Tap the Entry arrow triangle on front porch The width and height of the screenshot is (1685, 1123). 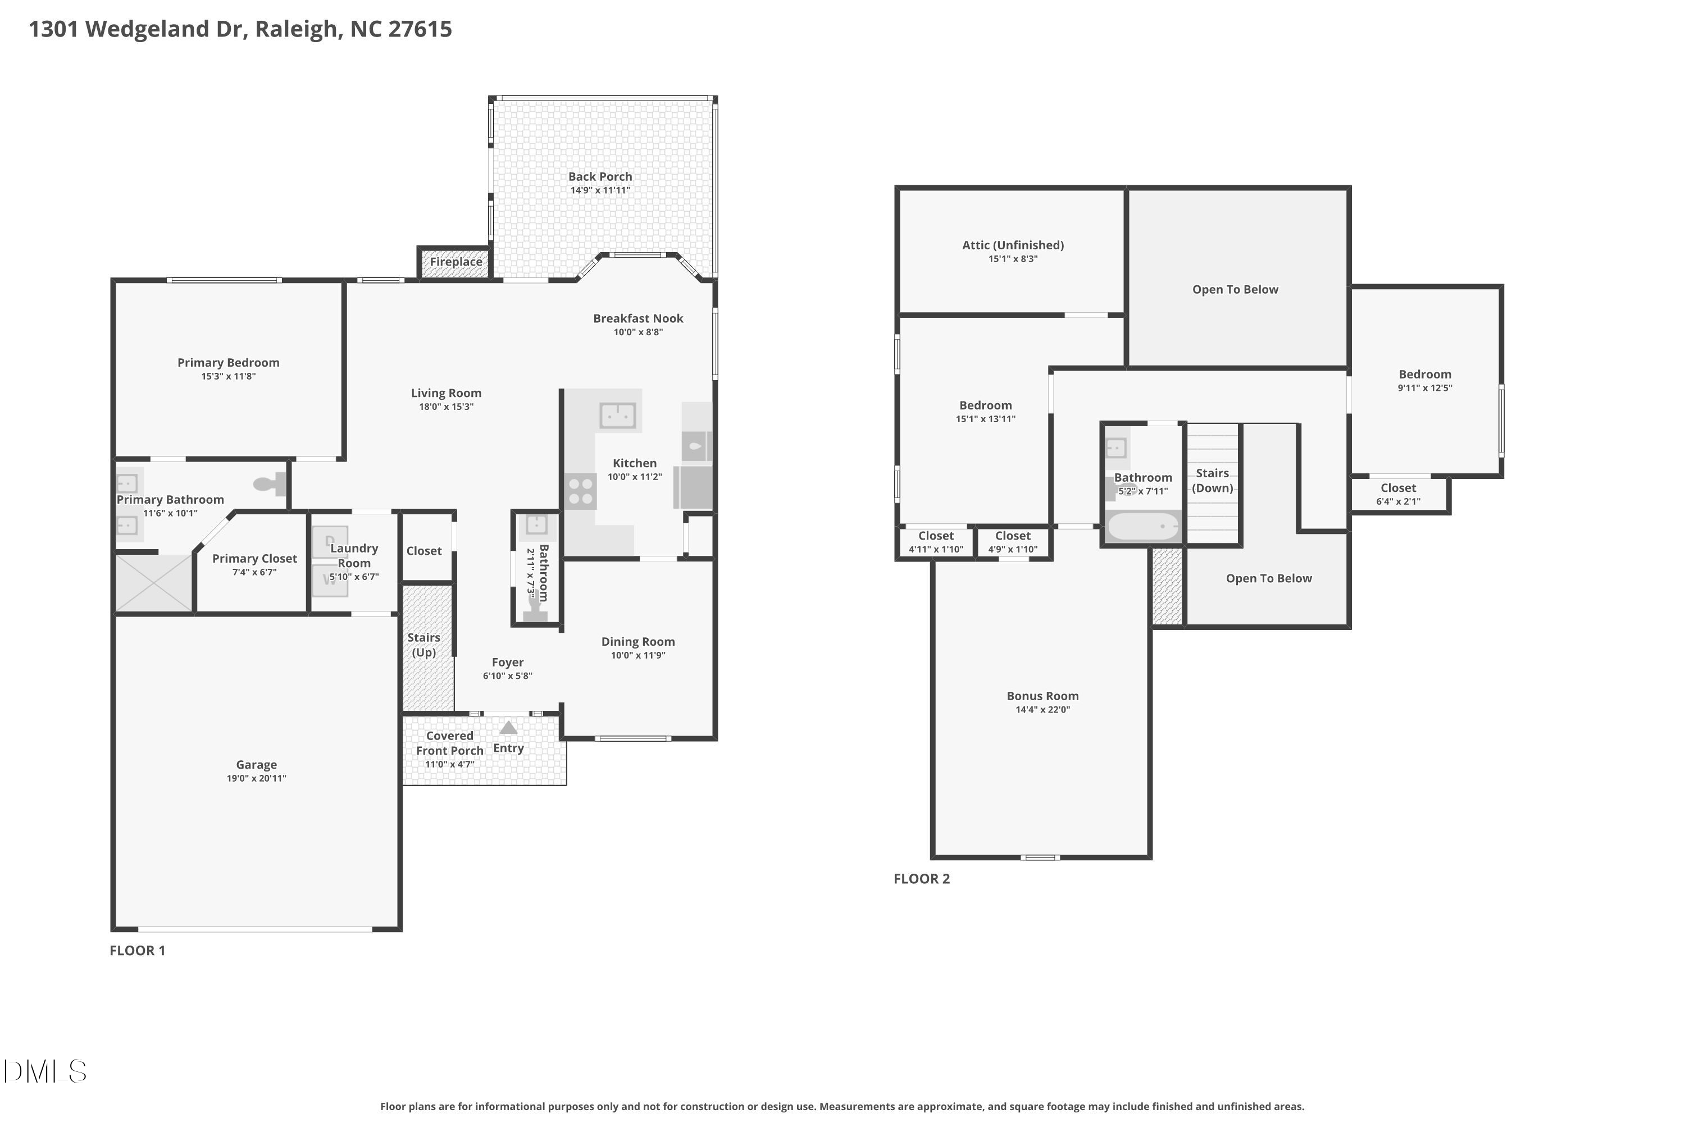click(508, 728)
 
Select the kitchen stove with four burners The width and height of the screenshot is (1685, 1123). click(580, 491)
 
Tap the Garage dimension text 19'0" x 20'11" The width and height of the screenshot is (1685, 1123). click(257, 778)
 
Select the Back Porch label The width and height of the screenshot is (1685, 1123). click(600, 176)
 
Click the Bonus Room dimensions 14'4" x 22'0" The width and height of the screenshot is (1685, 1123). click(1043, 710)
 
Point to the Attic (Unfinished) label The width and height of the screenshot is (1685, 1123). click(1013, 245)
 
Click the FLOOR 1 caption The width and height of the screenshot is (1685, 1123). click(138, 951)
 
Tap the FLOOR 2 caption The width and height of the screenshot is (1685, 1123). click(922, 879)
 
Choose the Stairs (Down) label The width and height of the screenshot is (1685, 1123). click(1213, 481)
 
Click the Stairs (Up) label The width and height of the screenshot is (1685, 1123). click(424, 645)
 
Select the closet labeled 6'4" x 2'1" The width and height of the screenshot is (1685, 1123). click(1399, 494)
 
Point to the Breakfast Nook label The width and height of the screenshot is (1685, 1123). click(638, 318)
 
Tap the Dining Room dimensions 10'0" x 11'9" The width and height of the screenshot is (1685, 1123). click(638, 655)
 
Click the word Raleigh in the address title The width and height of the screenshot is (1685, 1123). click(297, 29)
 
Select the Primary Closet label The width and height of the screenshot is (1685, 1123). click(254, 559)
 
